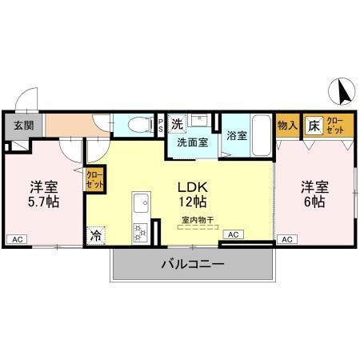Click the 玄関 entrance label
click(x=22, y=125)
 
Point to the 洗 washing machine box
click(x=178, y=123)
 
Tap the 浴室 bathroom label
click(x=235, y=135)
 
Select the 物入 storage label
click(x=287, y=126)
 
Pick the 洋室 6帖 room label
click(x=314, y=194)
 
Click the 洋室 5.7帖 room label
click(x=44, y=194)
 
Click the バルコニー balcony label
click(x=192, y=263)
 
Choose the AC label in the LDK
click(x=233, y=234)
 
